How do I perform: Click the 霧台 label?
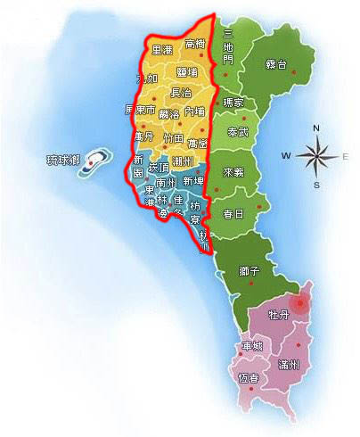click(276, 64)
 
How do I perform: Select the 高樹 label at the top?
click(195, 44)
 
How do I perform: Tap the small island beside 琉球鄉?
click(97, 161)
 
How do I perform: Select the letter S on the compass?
click(317, 185)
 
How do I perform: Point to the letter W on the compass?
click(287, 156)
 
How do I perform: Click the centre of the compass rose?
click(317, 156)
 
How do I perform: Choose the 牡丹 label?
click(278, 314)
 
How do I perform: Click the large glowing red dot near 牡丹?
click(301, 304)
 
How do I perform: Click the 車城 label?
click(251, 346)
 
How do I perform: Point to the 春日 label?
click(234, 214)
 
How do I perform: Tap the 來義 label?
click(234, 171)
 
